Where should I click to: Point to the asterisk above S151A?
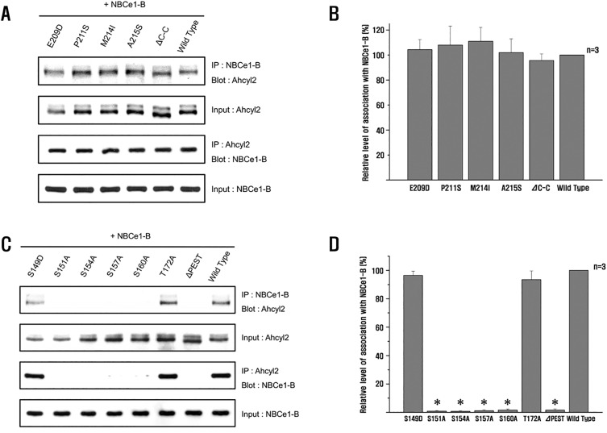pos(436,402)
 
